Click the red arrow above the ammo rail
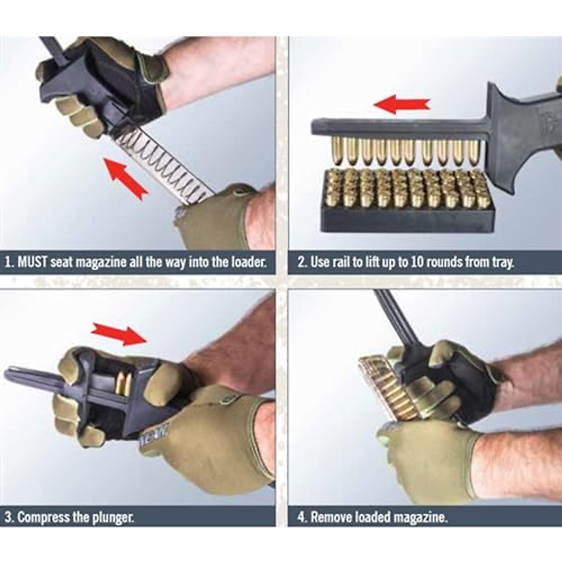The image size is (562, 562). click(403, 104)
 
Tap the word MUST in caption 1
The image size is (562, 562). click(32, 262)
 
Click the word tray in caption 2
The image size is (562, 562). click(502, 262)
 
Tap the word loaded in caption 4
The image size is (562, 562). click(373, 518)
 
